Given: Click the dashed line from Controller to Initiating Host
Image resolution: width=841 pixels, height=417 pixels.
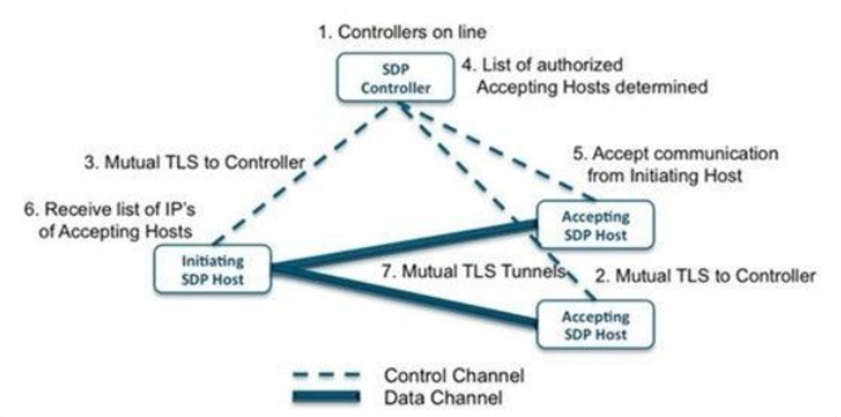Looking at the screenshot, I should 302,173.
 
